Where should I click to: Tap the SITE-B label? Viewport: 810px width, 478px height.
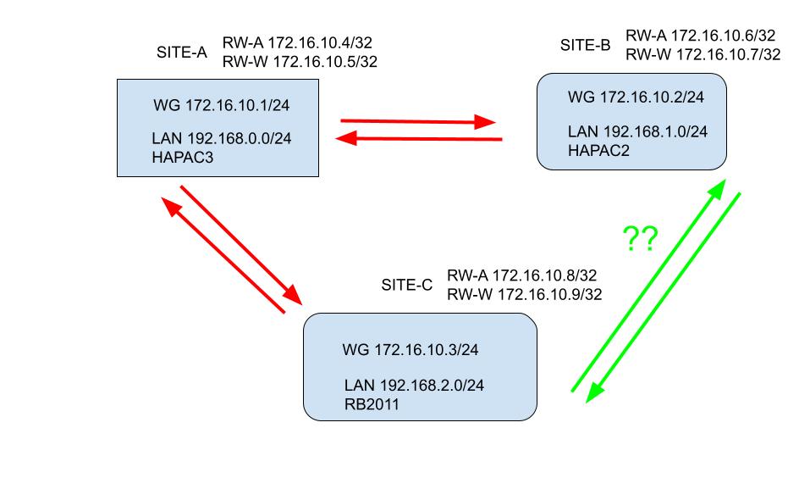(x=585, y=45)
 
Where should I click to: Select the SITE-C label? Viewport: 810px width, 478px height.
(x=406, y=285)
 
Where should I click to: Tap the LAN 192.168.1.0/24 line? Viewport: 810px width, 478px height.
(x=637, y=131)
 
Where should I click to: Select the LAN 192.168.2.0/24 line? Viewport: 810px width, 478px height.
(x=414, y=386)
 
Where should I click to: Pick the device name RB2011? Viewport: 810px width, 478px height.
(x=371, y=404)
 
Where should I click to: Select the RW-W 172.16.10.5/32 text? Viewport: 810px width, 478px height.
(x=300, y=62)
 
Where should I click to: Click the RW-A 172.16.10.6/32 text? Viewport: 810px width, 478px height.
(x=700, y=36)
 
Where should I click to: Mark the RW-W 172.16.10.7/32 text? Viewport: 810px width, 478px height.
(x=702, y=54)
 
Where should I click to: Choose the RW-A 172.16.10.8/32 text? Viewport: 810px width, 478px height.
(x=522, y=276)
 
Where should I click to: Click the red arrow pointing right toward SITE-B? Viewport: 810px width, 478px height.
(x=417, y=121)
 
